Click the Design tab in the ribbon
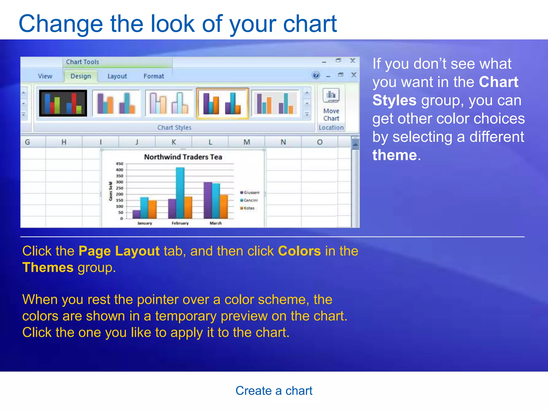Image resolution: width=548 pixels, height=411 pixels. coord(81,76)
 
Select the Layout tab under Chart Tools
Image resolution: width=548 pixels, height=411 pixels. coord(117,76)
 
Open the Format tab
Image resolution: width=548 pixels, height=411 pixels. coord(154,76)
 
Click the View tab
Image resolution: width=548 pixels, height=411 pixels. coord(45,76)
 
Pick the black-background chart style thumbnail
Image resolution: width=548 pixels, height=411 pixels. coord(63,103)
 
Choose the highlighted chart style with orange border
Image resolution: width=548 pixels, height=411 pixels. coord(222,103)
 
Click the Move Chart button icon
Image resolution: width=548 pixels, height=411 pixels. coord(331,96)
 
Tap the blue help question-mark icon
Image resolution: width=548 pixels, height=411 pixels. coord(316,75)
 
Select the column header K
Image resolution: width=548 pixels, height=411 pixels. coord(174,142)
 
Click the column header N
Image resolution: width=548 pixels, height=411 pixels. coord(283,142)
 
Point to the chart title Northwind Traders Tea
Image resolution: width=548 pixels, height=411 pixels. coord(183,157)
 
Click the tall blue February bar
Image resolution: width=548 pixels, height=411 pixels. coord(180,193)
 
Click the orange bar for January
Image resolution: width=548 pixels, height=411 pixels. coord(153,209)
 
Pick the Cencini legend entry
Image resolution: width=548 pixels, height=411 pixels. coord(250,200)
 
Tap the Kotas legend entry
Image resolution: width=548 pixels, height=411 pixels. coord(249,208)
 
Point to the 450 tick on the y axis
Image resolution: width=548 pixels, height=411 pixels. coord(119,164)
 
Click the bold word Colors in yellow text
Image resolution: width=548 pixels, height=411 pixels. coord(299,251)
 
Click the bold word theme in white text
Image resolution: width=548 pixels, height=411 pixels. coord(395,155)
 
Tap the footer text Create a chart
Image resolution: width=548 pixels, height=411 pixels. coord(274,391)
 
